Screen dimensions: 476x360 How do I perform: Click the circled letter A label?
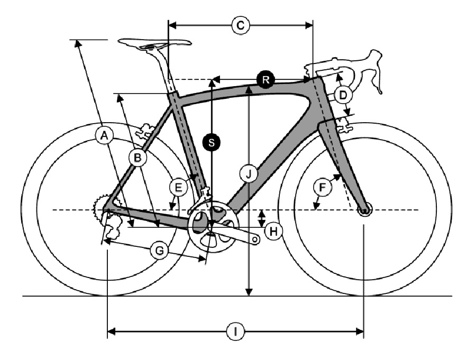point(104,136)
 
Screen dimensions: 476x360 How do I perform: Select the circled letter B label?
point(138,158)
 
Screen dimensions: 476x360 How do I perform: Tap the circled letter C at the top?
point(241,25)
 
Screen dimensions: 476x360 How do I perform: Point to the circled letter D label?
point(343,95)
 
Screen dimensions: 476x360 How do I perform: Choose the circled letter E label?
point(178,187)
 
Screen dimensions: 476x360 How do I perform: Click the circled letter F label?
point(322,187)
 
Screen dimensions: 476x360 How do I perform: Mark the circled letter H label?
point(273,232)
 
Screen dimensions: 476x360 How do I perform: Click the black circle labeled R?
point(266,80)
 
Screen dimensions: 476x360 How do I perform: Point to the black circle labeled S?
point(212,142)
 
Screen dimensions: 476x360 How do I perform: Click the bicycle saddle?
point(155,44)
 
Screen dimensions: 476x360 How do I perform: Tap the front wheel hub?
point(364,210)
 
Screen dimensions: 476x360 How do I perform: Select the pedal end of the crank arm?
point(255,240)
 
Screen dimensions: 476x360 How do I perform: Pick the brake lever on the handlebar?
point(376,73)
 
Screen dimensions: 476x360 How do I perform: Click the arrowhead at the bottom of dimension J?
point(249,292)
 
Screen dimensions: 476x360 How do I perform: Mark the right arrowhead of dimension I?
point(360,331)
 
